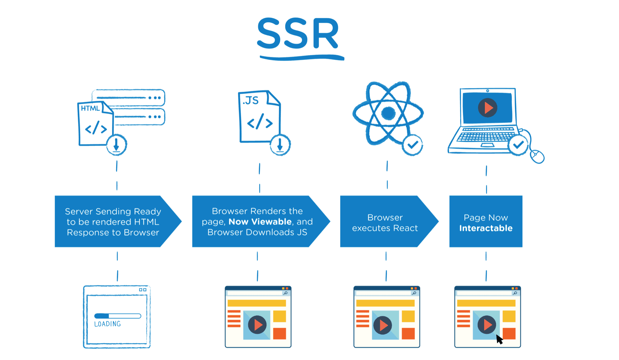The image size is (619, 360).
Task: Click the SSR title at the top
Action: (298, 34)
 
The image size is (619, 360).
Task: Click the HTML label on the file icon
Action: (90, 108)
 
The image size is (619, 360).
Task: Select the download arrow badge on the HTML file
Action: (116, 145)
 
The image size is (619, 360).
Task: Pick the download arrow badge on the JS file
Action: (280, 145)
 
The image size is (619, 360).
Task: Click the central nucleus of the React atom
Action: (388, 113)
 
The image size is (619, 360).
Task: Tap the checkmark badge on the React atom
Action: (412, 145)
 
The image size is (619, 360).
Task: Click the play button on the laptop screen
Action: (487, 108)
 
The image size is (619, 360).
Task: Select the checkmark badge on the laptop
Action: (518, 145)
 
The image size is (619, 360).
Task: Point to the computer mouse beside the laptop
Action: (537, 156)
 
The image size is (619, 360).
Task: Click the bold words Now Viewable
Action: (260, 222)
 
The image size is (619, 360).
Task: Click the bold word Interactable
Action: (486, 228)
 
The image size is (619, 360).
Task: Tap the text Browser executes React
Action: (385, 223)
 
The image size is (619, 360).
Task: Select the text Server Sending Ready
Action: (113, 212)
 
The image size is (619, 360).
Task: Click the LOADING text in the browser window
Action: (107, 324)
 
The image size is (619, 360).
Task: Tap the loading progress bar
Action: (118, 316)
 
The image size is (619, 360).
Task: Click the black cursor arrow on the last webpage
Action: (499, 339)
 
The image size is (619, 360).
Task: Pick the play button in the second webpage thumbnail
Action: (257, 325)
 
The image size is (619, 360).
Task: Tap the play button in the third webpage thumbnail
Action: (383, 325)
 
